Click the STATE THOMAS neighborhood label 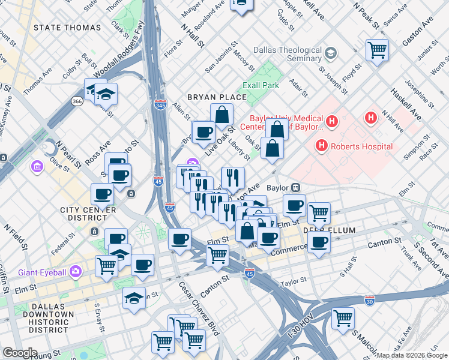pos(67,28)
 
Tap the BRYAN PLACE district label pos(217,97)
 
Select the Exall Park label pos(261,85)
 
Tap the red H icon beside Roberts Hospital pos(322,146)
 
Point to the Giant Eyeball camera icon pos(75,272)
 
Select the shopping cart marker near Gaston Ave pos(377,50)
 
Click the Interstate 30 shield pos(370,298)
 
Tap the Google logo pos(20,353)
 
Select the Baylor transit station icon pos(295,187)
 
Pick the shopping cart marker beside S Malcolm pos(343,317)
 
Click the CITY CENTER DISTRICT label pos(88,214)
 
